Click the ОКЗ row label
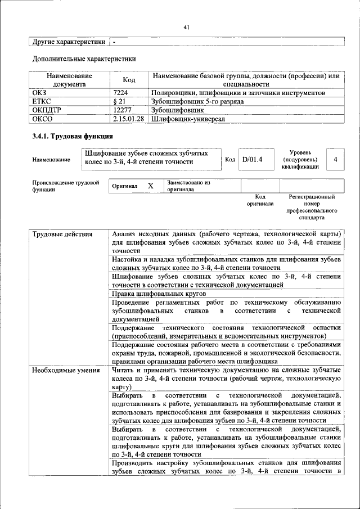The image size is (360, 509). pos(41,92)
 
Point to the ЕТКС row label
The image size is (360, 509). pos(43,101)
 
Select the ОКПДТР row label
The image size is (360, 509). pos(47,110)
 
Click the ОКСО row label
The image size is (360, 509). pos(43,119)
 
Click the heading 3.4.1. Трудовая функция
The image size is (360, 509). pos(73,137)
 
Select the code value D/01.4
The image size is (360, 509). pos(253,160)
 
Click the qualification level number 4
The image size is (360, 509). pos(335,160)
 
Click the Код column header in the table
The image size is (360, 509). pos(128,79)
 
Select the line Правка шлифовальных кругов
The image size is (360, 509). pos(159,294)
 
